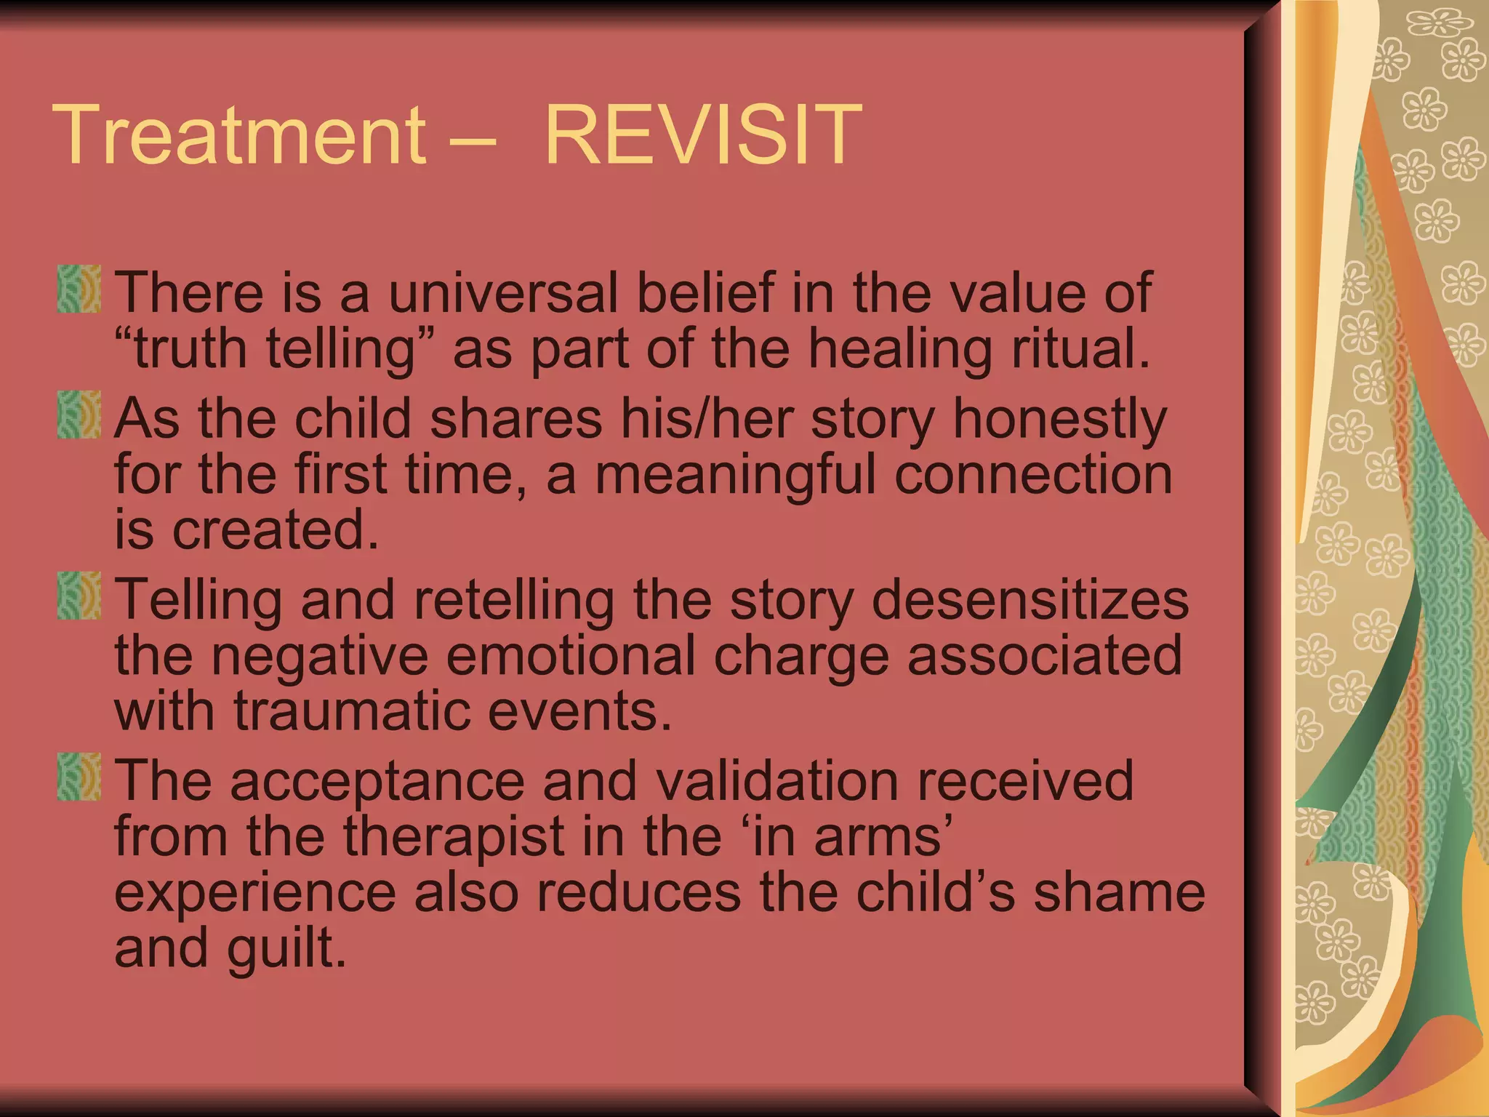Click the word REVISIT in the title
pos(702,135)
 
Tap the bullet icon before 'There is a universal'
pos(79,289)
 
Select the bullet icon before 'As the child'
pos(79,415)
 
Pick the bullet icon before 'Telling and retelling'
pos(79,596)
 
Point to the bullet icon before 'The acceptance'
pos(79,777)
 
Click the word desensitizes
pos(1030,601)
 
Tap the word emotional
pos(571,656)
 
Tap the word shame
pos(1119,893)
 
